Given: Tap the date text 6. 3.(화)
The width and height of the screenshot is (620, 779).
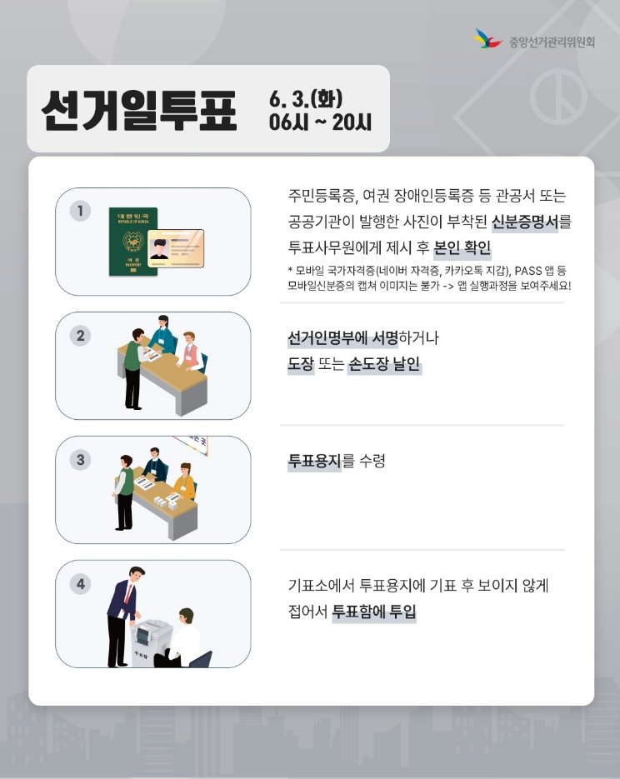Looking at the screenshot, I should click(x=306, y=99).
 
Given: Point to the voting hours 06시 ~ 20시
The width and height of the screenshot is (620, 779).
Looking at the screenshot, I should click(x=320, y=122).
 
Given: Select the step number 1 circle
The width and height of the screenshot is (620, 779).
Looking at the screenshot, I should click(x=80, y=211).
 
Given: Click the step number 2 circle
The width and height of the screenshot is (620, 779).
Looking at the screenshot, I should click(x=80, y=336).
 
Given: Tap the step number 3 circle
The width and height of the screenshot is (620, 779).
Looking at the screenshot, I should click(x=80, y=459).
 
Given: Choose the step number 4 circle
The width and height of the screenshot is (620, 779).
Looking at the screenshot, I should click(x=80, y=584).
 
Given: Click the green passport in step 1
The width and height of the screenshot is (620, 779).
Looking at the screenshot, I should click(x=132, y=242).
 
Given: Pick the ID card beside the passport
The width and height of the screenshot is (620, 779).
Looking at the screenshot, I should click(x=175, y=248).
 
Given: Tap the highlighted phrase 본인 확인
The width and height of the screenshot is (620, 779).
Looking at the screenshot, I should click(x=462, y=248).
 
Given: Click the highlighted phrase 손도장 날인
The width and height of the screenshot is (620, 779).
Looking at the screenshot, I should click(x=384, y=364).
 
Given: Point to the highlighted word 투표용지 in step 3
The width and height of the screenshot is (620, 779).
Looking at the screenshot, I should click(x=314, y=461).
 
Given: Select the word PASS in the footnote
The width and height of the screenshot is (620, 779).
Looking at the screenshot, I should click(x=533, y=270).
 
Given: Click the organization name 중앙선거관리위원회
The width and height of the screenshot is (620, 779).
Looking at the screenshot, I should click(x=552, y=40).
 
